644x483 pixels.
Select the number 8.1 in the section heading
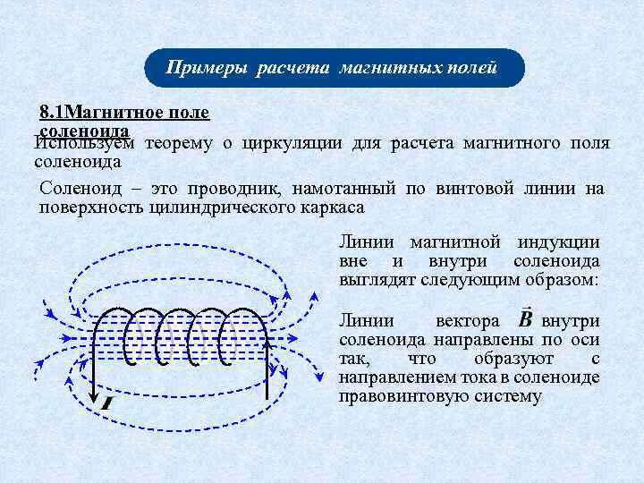click(53, 114)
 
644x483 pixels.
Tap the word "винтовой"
click(473, 189)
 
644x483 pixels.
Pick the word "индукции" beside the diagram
click(559, 242)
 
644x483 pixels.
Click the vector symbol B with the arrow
click(525, 318)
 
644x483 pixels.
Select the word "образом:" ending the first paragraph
click(564, 279)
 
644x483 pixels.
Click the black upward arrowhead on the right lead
click(267, 345)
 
